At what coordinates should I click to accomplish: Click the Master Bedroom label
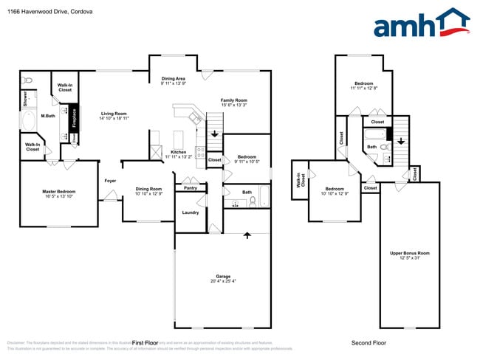58,191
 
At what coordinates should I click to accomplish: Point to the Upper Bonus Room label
410,253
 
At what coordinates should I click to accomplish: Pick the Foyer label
110,180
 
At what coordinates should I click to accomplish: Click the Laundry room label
191,212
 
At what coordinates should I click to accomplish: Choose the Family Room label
234,100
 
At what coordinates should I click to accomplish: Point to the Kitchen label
178,153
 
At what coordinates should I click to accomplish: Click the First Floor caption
145,343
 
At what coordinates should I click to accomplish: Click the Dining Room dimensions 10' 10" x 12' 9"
148,193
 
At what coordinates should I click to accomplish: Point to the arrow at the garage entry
247,235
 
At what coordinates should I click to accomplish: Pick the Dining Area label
173,78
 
